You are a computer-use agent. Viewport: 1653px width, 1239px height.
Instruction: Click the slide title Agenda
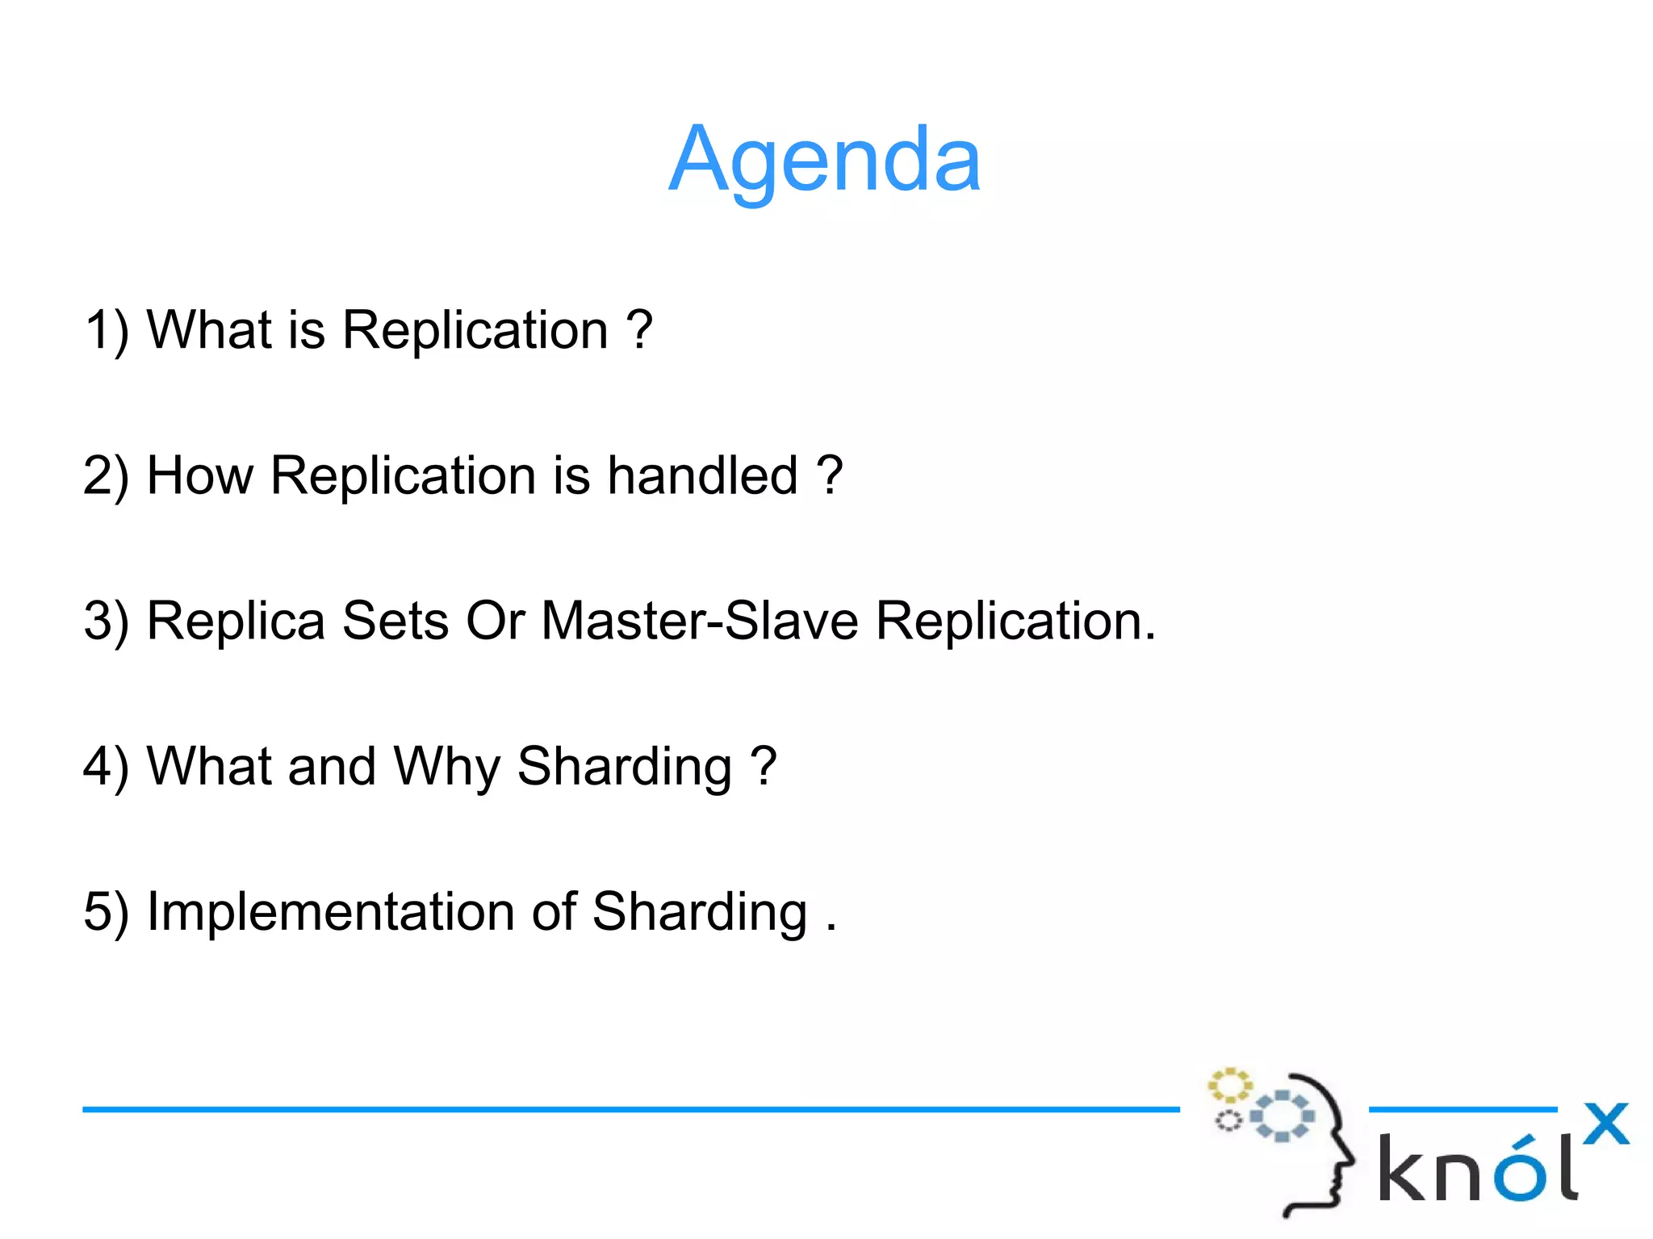point(824,160)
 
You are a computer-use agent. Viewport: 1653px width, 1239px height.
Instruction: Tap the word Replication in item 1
point(475,331)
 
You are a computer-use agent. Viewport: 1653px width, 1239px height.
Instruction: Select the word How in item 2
point(199,475)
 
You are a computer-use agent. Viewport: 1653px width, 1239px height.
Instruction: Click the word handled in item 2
point(702,475)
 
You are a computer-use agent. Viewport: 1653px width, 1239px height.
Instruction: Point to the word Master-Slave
point(699,621)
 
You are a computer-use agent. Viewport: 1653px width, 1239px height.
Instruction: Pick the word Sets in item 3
point(395,621)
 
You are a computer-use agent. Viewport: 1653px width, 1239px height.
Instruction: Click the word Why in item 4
point(446,767)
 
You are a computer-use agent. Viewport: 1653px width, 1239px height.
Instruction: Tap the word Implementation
point(331,912)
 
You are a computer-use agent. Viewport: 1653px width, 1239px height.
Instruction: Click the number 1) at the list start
point(107,331)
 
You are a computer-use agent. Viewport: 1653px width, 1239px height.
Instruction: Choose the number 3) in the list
point(107,622)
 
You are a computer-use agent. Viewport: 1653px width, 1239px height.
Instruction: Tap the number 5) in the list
point(107,912)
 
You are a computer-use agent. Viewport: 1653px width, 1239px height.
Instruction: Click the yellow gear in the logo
point(1229,1086)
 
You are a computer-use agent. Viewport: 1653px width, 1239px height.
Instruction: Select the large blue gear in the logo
point(1282,1116)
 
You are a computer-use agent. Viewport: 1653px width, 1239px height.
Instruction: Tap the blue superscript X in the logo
point(1605,1124)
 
